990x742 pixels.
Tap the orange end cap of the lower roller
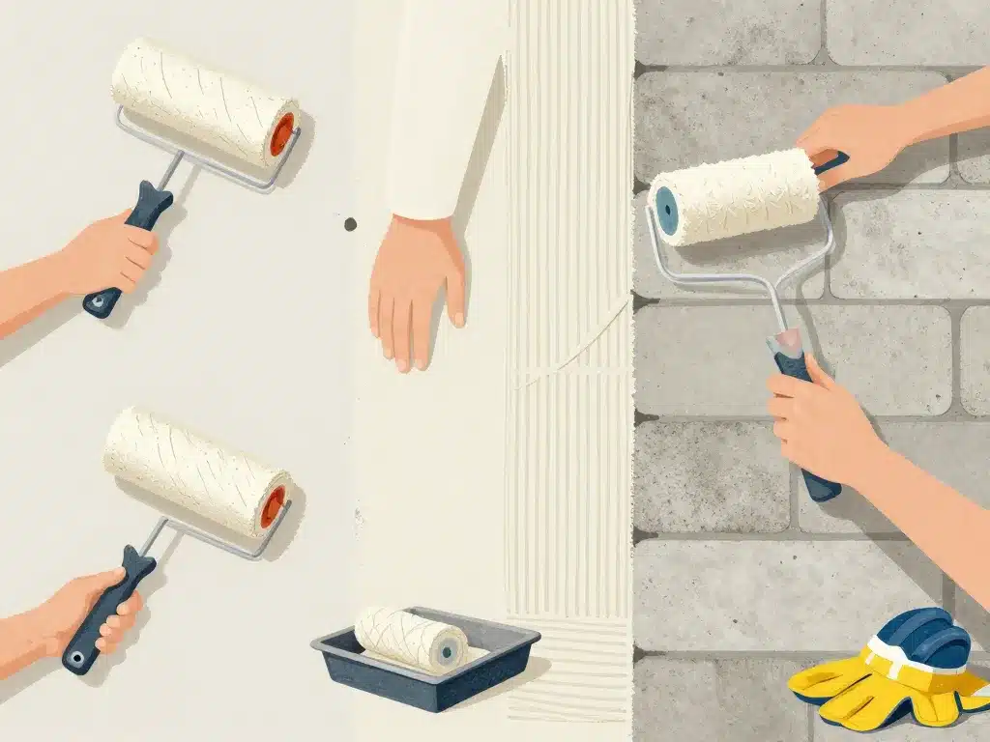click(274, 505)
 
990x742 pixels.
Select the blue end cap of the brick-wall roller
click(664, 205)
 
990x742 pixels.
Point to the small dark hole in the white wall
click(350, 224)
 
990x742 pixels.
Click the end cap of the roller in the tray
click(446, 654)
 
